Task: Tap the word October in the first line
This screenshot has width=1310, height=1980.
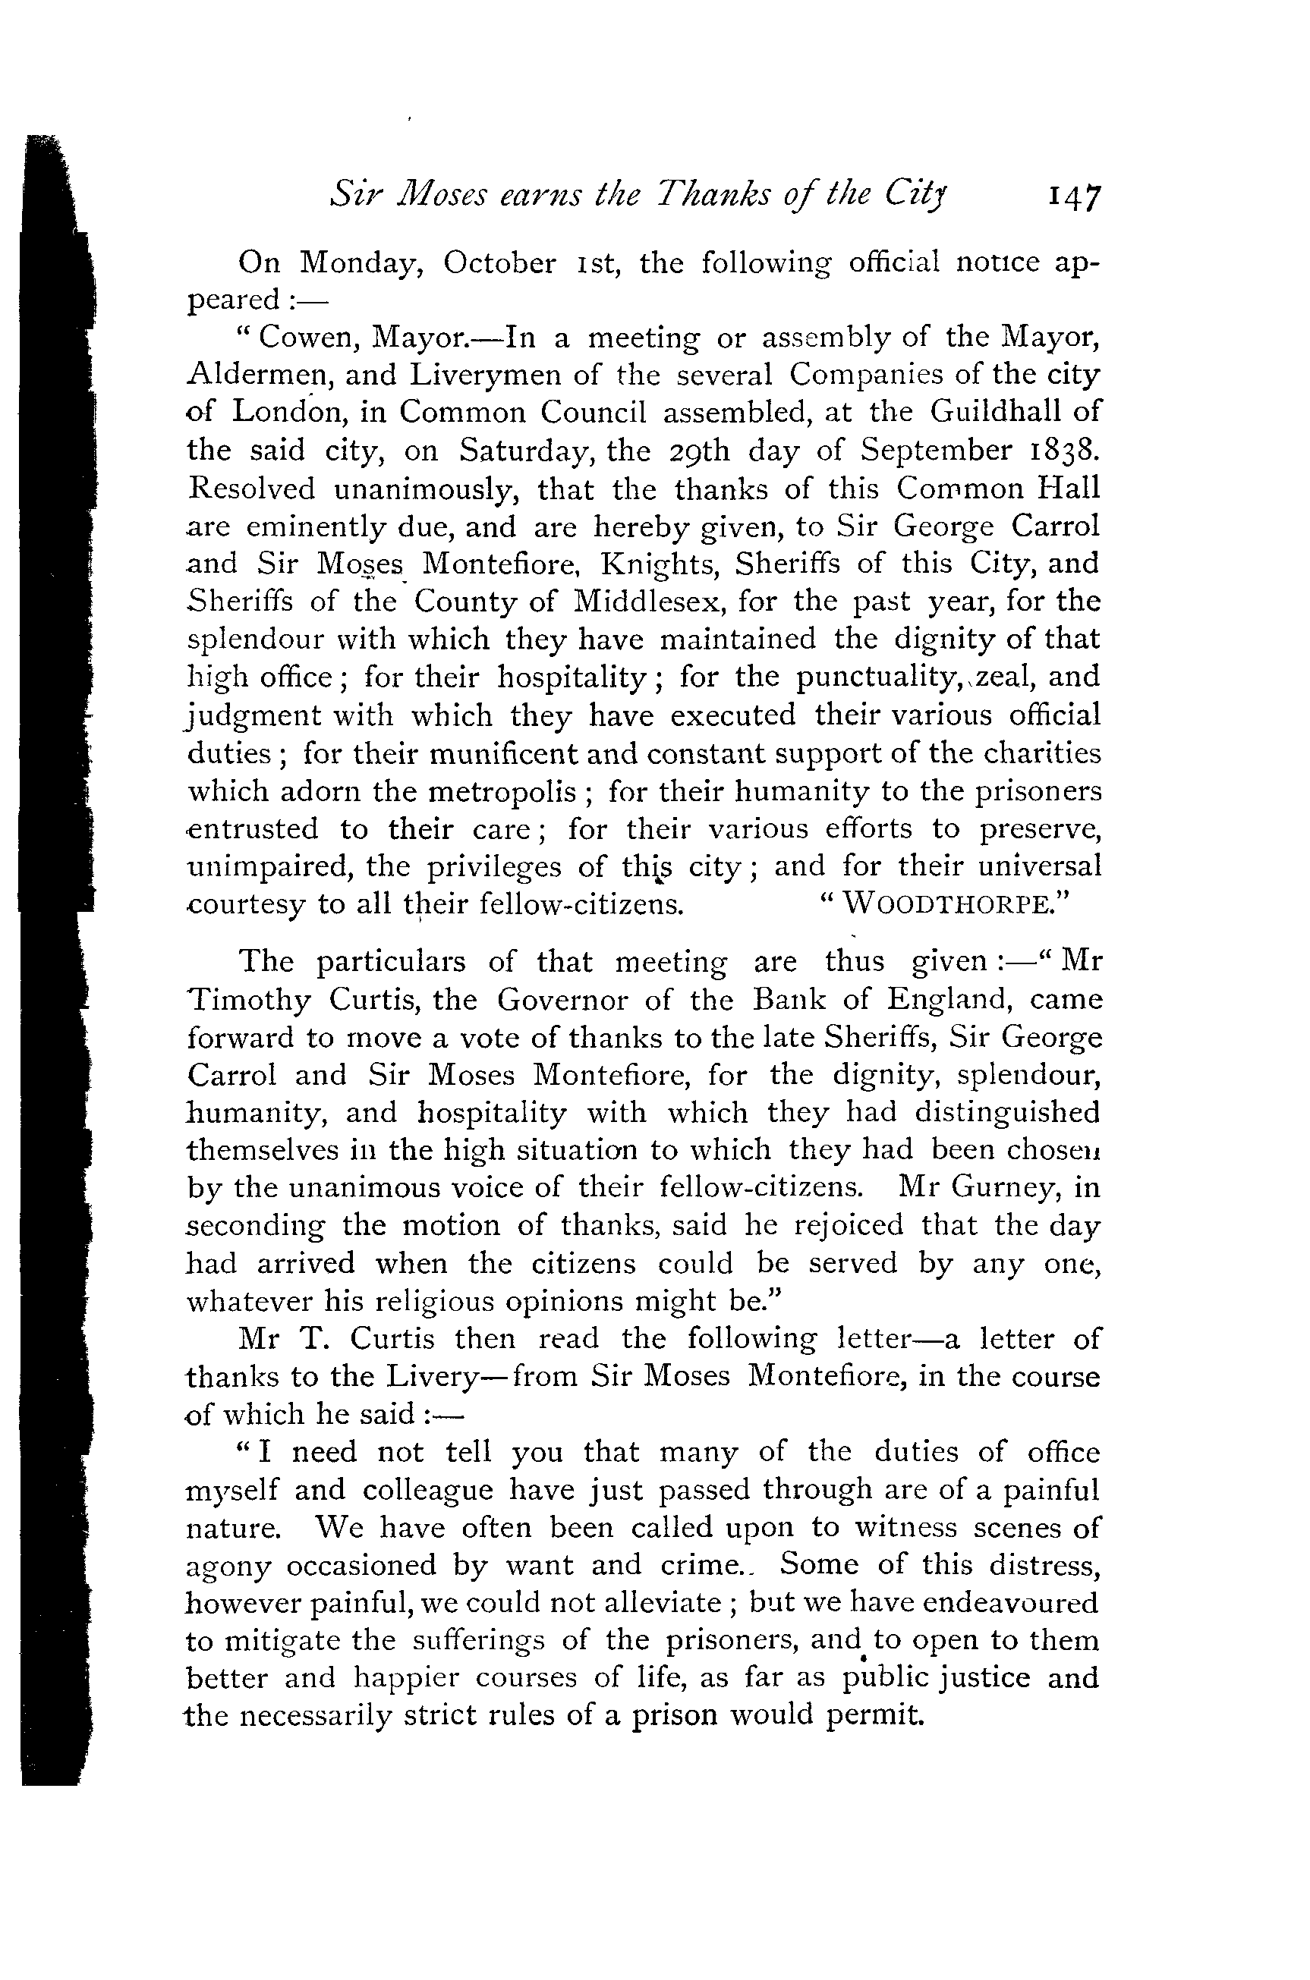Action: pyautogui.click(x=499, y=263)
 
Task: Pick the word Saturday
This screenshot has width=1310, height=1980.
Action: pyautogui.click(x=526, y=451)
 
